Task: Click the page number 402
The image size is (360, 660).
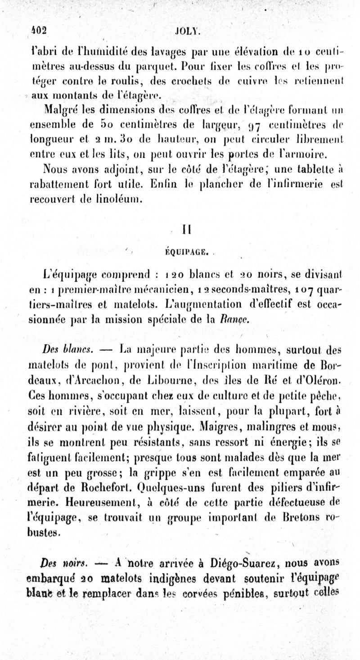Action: [39, 31]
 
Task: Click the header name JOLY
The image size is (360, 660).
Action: [187, 32]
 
